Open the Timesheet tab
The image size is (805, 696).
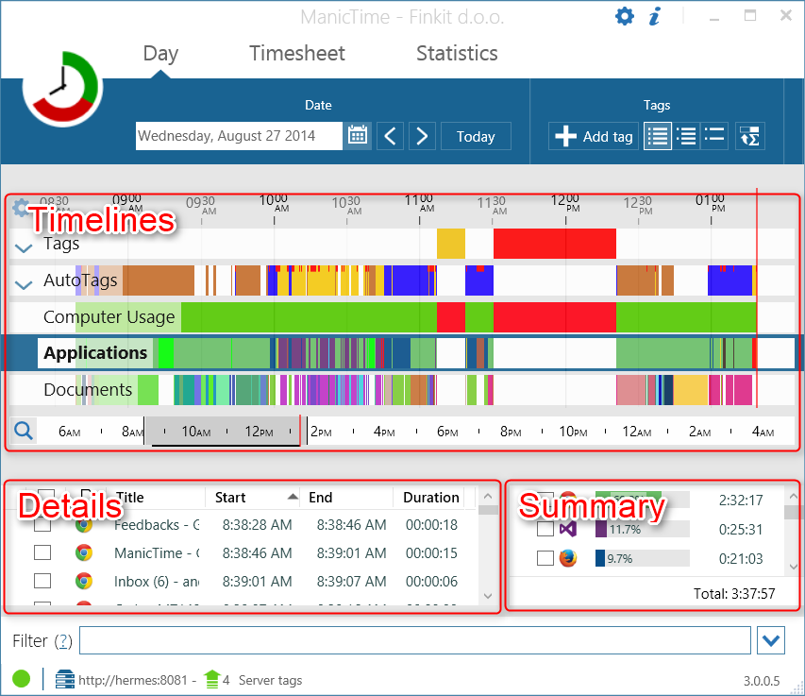coord(296,54)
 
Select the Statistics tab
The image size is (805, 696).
coord(457,54)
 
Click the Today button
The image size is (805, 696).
coord(476,137)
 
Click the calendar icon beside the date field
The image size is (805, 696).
coord(358,136)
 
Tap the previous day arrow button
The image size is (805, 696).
coord(391,136)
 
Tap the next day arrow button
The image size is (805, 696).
coord(422,136)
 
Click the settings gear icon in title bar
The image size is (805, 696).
coord(625,16)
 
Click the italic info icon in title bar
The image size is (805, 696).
coord(655,16)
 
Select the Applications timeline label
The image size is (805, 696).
coord(95,353)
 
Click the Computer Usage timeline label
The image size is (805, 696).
coord(109,317)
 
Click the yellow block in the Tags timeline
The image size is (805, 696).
coord(450,244)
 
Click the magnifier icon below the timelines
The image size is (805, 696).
coord(24,432)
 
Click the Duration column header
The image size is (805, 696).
coord(430,498)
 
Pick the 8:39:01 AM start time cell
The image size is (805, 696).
coord(257,582)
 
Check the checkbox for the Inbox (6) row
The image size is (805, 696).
coord(42,582)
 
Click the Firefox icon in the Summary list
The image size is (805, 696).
coord(568,558)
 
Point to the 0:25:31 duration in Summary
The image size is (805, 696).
coord(740,530)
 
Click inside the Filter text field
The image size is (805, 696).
coord(415,641)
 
